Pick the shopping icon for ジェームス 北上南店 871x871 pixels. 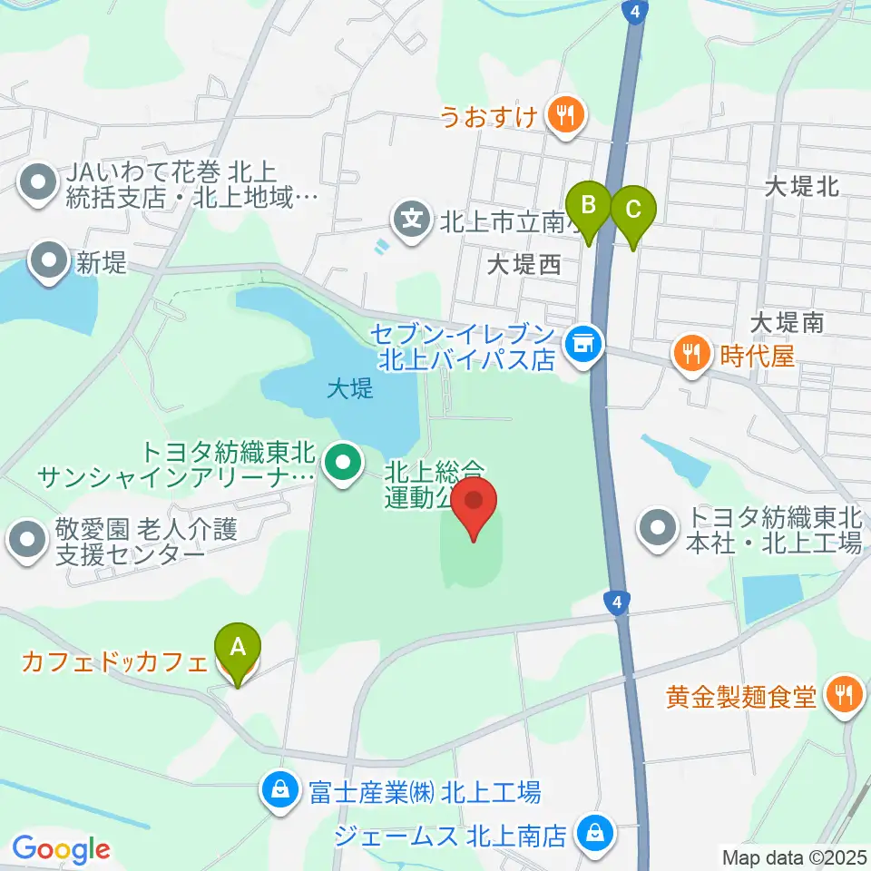click(x=596, y=832)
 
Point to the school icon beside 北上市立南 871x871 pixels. click(x=412, y=219)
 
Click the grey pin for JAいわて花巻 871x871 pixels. click(x=37, y=182)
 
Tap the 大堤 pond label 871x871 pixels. click(x=350, y=390)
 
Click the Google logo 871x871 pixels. click(x=61, y=850)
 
